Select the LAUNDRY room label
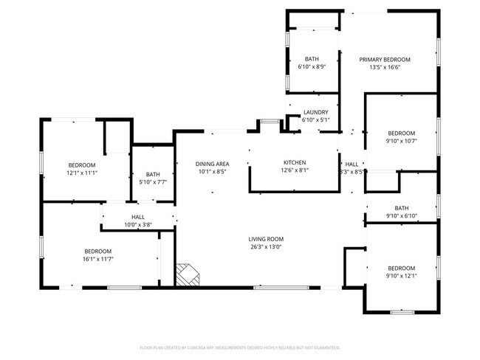[x=315, y=112]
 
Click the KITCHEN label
[x=295, y=163]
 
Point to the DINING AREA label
[x=211, y=164]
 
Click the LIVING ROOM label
[x=265, y=239]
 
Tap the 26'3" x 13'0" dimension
[x=265, y=247]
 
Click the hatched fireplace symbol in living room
[x=188, y=274]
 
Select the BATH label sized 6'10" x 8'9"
[x=312, y=60]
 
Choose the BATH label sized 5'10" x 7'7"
[x=153, y=174]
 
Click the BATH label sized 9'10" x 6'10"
[x=401, y=208]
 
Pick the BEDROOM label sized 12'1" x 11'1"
[x=82, y=165]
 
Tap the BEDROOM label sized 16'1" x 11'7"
[x=97, y=251]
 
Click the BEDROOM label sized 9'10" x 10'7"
[x=401, y=134]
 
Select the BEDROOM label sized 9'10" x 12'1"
[x=401, y=268]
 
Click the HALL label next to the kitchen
[x=352, y=165]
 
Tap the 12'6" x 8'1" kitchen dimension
[x=295, y=170]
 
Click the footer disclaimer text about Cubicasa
[x=240, y=347]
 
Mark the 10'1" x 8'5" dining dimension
[x=211, y=171]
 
